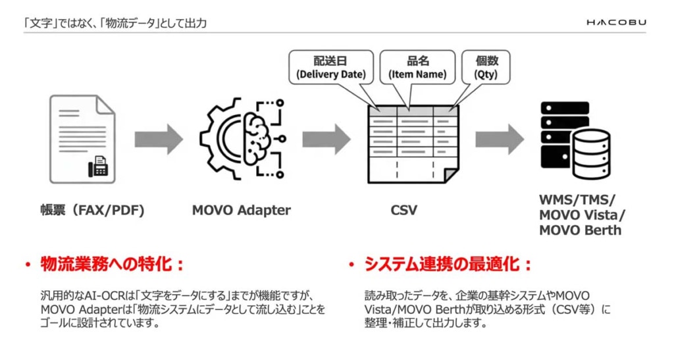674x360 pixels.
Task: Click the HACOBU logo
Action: (616, 22)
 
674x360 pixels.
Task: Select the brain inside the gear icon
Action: (255, 138)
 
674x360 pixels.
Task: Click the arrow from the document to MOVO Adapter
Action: (158, 139)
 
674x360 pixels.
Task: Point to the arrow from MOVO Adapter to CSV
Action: (326, 139)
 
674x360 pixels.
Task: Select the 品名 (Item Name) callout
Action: (417, 68)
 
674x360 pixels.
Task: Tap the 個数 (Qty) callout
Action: (486, 68)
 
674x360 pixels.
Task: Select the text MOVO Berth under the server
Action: (580, 230)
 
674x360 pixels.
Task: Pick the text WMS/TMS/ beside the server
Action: (577, 200)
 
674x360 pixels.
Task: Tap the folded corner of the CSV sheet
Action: (451, 175)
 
